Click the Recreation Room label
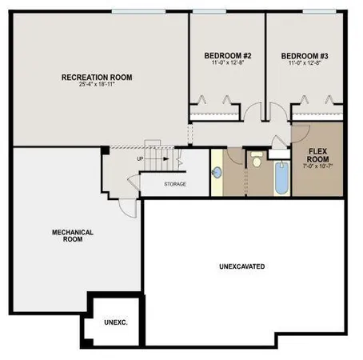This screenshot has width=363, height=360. pyautogui.click(x=97, y=78)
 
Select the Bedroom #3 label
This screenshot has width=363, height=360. pyautogui.click(x=305, y=55)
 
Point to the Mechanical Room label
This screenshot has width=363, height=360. pyautogui.click(x=73, y=235)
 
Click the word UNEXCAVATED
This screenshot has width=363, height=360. pyautogui.click(x=241, y=266)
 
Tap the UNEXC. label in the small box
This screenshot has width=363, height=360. pyautogui.click(x=116, y=322)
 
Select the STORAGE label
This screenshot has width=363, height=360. pyautogui.click(x=175, y=184)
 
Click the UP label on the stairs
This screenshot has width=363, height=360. pyautogui.click(x=141, y=158)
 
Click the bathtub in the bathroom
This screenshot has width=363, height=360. pyautogui.click(x=280, y=177)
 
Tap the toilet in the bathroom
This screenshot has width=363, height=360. pyautogui.click(x=257, y=161)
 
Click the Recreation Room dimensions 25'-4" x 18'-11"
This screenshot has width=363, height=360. pyautogui.click(x=97, y=86)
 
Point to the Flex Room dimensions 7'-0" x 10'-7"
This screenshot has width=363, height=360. pyautogui.click(x=318, y=167)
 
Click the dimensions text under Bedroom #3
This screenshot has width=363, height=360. pyautogui.click(x=305, y=63)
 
